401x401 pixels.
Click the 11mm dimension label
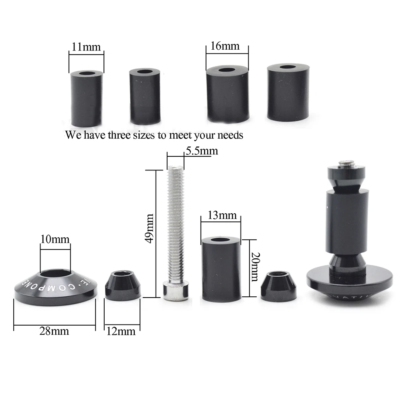pos(86,47)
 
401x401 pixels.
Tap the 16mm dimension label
pos(225,46)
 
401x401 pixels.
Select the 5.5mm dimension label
pos(201,151)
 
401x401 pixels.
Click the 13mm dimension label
pos(222,215)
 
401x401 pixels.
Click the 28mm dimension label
pos(54,331)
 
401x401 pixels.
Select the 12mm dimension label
pos(121,331)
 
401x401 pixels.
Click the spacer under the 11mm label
pos(86,98)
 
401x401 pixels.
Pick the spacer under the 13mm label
pos(221,268)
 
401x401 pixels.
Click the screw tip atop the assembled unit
pos(347,163)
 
